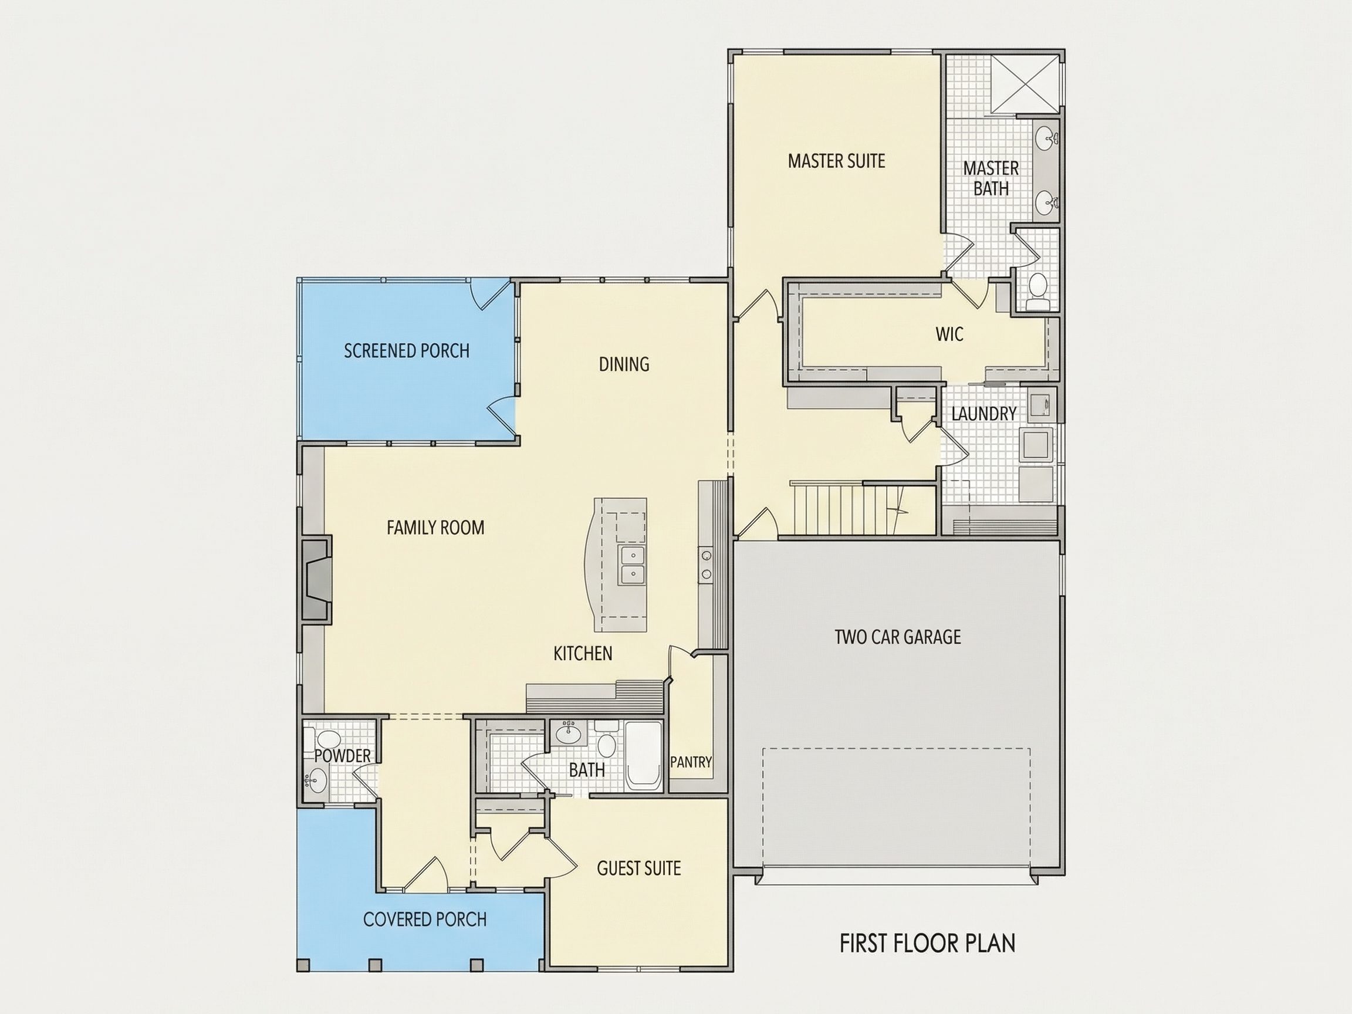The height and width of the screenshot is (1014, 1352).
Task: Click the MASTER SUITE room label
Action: click(836, 161)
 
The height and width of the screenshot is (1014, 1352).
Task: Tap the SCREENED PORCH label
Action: click(407, 351)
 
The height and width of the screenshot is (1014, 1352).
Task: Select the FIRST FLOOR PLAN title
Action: click(927, 943)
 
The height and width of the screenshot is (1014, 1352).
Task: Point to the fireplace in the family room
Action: click(317, 579)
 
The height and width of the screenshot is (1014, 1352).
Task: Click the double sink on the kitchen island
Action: click(631, 565)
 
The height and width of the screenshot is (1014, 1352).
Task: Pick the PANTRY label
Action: click(691, 762)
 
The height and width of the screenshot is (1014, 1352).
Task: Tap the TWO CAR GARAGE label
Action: click(897, 637)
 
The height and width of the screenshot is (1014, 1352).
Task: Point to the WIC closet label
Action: click(949, 334)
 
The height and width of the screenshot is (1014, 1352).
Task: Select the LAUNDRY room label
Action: click(983, 414)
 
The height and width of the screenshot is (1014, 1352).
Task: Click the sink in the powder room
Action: click(318, 780)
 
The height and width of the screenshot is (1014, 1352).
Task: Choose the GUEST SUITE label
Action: click(638, 868)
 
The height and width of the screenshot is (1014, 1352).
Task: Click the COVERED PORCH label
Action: click(425, 920)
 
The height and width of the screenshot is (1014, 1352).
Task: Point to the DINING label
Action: click(623, 364)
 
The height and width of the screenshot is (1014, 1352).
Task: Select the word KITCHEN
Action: click(583, 653)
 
